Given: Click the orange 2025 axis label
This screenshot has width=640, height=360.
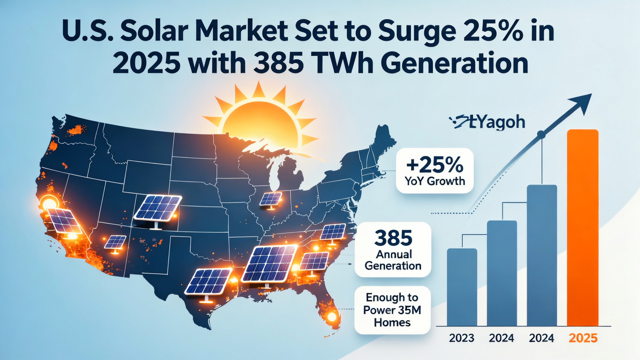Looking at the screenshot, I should [x=583, y=338].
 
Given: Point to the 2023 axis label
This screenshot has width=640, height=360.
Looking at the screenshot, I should [x=461, y=338].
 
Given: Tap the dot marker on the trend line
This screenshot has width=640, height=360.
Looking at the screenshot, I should [x=540, y=134].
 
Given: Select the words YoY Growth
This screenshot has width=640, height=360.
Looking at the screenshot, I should [x=434, y=180].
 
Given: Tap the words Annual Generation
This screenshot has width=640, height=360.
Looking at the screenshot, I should [x=392, y=259].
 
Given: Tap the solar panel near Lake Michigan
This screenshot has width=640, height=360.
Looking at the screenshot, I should [x=270, y=199].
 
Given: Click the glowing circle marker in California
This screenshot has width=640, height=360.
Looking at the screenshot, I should [x=49, y=202].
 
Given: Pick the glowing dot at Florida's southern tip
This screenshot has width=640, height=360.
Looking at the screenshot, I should [x=330, y=317].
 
